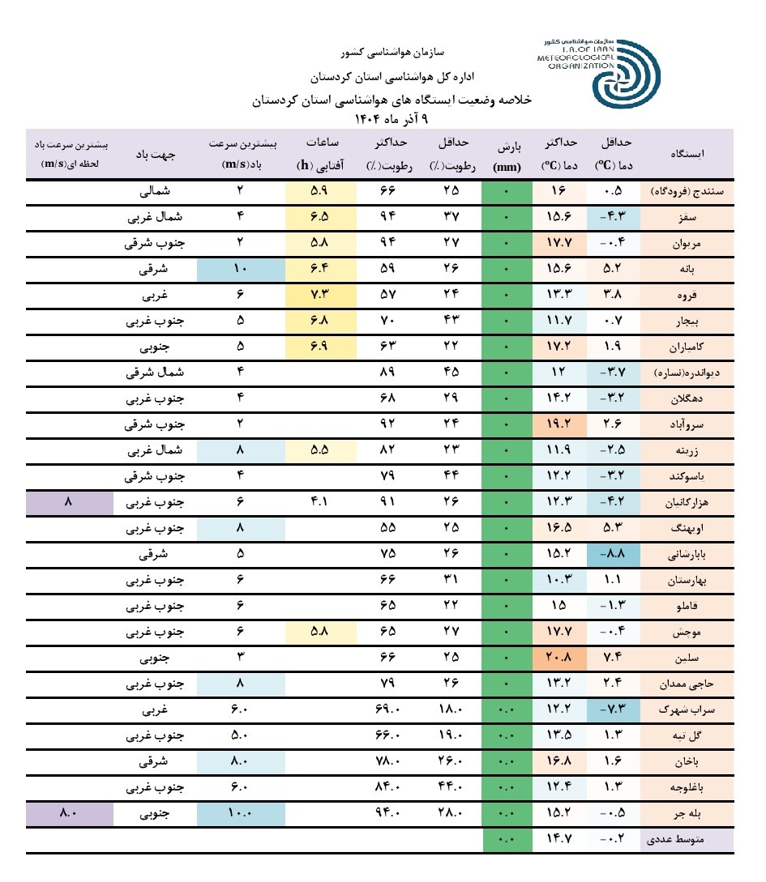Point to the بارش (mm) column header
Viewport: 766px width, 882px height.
click(x=507, y=153)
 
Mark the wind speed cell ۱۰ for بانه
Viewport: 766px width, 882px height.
click(x=241, y=268)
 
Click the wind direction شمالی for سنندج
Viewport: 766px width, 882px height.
click(x=158, y=191)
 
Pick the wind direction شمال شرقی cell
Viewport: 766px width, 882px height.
click(x=158, y=373)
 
